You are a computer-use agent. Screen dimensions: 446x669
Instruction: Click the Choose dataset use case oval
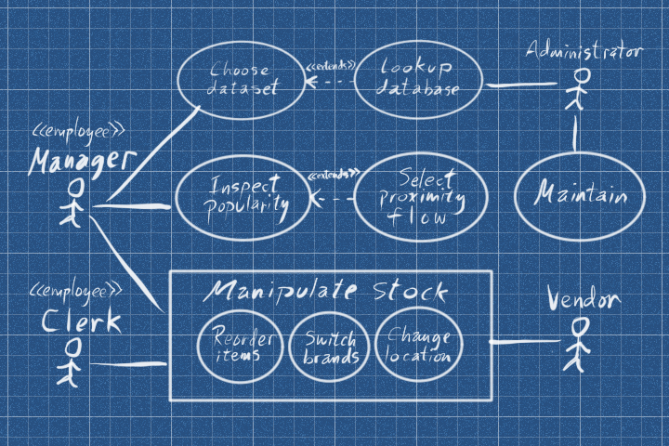[x=242, y=80]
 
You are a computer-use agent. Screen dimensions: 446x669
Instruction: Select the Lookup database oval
[x=418, y=80]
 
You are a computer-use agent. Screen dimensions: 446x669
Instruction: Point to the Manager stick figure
[x=73, y=203]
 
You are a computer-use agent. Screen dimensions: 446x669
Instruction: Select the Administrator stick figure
[x=574, y=90]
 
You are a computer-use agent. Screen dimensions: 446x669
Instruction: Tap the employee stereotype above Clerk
[x=77, y=292]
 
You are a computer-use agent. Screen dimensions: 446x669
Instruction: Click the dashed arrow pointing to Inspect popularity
[x=333, y=199]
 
